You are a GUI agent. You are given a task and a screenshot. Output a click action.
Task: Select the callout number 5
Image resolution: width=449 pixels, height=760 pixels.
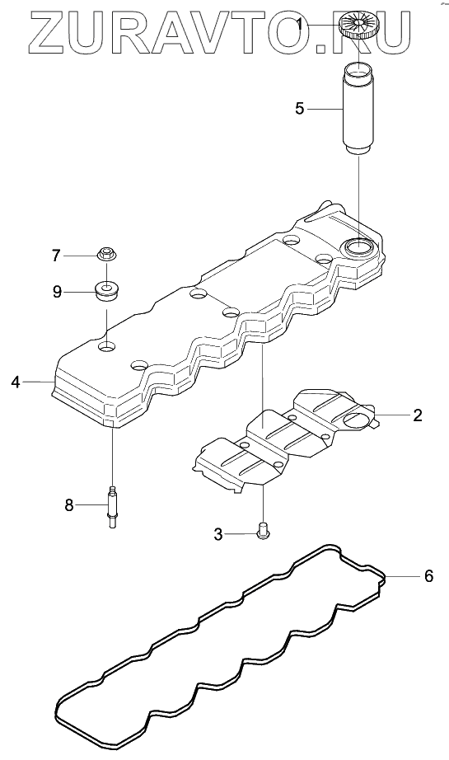(x=300, y=109)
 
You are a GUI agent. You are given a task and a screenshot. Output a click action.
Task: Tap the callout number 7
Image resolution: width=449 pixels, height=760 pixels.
(x=57, y=256)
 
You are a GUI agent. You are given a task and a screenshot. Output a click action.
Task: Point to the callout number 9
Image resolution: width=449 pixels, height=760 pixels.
(x=57, y=293)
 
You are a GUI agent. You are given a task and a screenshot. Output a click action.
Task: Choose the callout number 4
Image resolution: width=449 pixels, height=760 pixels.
(x=16, y=382)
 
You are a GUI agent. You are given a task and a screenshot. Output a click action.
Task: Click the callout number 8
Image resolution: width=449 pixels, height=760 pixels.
(x=69, y=505)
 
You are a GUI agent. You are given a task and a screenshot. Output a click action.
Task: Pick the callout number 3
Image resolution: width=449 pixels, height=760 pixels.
(x=218, y=535)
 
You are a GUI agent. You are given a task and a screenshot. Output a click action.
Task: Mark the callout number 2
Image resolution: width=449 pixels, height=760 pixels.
(x=417, y=415)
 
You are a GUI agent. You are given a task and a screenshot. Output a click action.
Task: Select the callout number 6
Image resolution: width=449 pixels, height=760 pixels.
(x=428, y=576)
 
